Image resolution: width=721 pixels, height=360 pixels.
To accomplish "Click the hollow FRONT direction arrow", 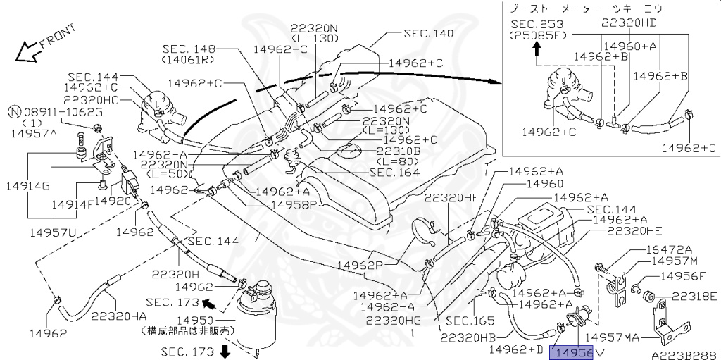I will pyautogui.click(x=28, y=51).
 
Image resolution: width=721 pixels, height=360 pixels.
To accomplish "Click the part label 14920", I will pyautogui.click(x=113, y=200).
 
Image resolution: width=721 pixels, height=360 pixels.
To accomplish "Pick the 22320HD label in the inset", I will pyautogui.click(x=629, y=22).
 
